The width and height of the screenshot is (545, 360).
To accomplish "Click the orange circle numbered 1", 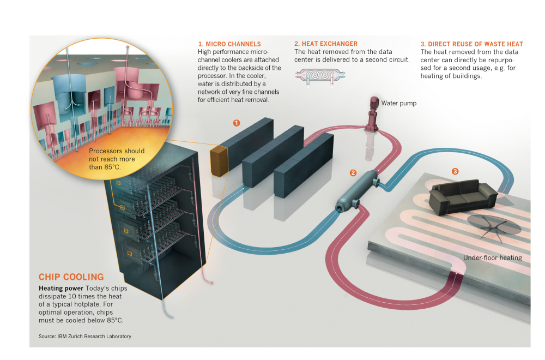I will [237, 123].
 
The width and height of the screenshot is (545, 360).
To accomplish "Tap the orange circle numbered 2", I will [353, 173].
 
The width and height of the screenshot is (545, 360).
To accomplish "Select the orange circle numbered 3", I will [455, 171].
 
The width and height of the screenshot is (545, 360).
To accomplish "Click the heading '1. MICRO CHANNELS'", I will [229, 44].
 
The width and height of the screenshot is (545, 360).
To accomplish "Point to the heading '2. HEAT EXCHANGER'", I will [325, 44].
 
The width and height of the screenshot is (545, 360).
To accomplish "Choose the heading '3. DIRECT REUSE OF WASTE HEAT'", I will [471, 44].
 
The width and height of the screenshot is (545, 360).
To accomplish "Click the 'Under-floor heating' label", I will [492, 258].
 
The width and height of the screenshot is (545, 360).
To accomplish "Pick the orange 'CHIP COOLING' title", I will [71, 277].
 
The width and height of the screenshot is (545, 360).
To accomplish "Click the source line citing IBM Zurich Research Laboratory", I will [84, 337].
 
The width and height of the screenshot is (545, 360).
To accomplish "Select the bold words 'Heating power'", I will [57, 287].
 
